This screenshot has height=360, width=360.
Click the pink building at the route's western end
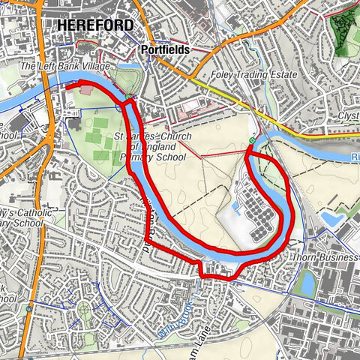(87, 90)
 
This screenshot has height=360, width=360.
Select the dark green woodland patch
(344, 30)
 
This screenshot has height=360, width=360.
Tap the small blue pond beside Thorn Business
(306, 283)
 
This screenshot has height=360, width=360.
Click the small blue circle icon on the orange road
(28, 307)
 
